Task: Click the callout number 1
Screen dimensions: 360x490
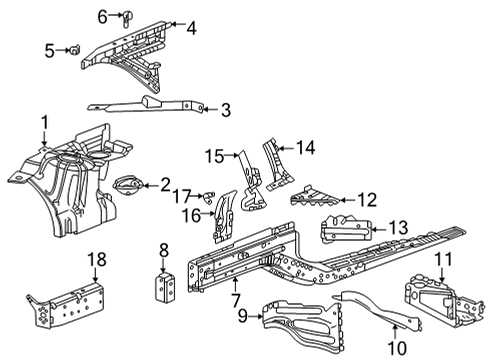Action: pyautogui.click(x=43, y=123)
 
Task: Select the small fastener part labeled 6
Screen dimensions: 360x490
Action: pyautogui.click(x=128, y=16)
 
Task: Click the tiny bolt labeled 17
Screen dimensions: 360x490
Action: pyautogui.click(x=208, y=194)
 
